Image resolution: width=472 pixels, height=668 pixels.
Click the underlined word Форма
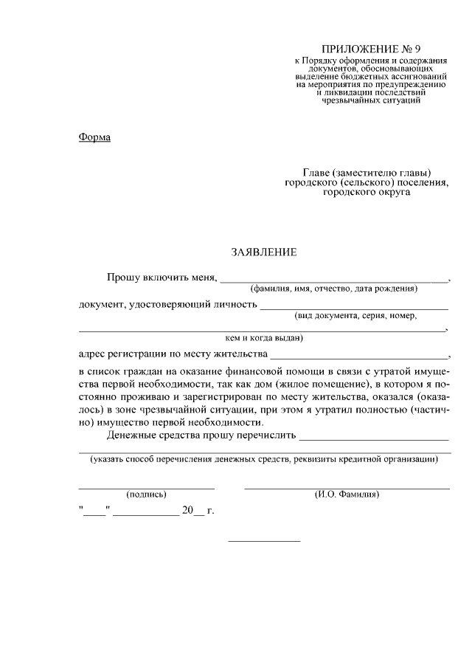(x=94, y=137)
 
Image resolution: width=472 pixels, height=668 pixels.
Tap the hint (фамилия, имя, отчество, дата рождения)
(x=333, y=289)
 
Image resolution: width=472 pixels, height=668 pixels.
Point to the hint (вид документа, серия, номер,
(x=355, y=315)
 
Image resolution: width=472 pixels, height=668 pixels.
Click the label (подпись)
(x=146, y=495)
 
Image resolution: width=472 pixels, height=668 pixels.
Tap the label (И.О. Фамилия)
(x=347, y=495)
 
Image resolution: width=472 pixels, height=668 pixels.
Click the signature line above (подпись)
(x=146, y=489)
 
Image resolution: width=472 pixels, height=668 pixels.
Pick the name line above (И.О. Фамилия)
(x=347, y=489)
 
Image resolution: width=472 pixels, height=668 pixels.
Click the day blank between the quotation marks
(x=94, y=514)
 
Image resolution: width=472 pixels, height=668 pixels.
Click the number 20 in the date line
(x=187, y=510)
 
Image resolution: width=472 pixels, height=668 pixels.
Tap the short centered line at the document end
(x=264, y=542)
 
